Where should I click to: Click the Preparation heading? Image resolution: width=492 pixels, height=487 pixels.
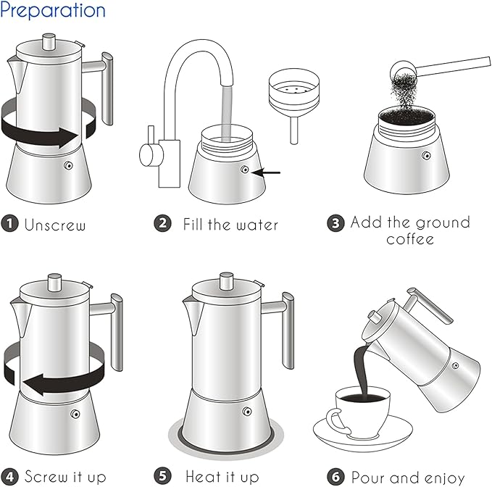tap(53, 11)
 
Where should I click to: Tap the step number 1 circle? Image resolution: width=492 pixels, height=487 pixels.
tap(9, 224)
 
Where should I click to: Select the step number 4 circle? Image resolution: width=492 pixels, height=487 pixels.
tap(9, 476)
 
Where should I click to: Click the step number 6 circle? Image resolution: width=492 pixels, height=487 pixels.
tap(335, 476)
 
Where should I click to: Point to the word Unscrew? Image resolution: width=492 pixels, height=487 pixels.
tap(55, 225)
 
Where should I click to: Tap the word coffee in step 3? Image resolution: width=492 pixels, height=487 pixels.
tap(410, 239)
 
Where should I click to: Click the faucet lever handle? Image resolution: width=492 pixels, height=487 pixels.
tap(146, 154)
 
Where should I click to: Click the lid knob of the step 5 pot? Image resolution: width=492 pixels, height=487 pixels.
tap(228, 279)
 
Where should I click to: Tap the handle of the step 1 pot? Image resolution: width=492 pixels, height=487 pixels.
tap(107, 87)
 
